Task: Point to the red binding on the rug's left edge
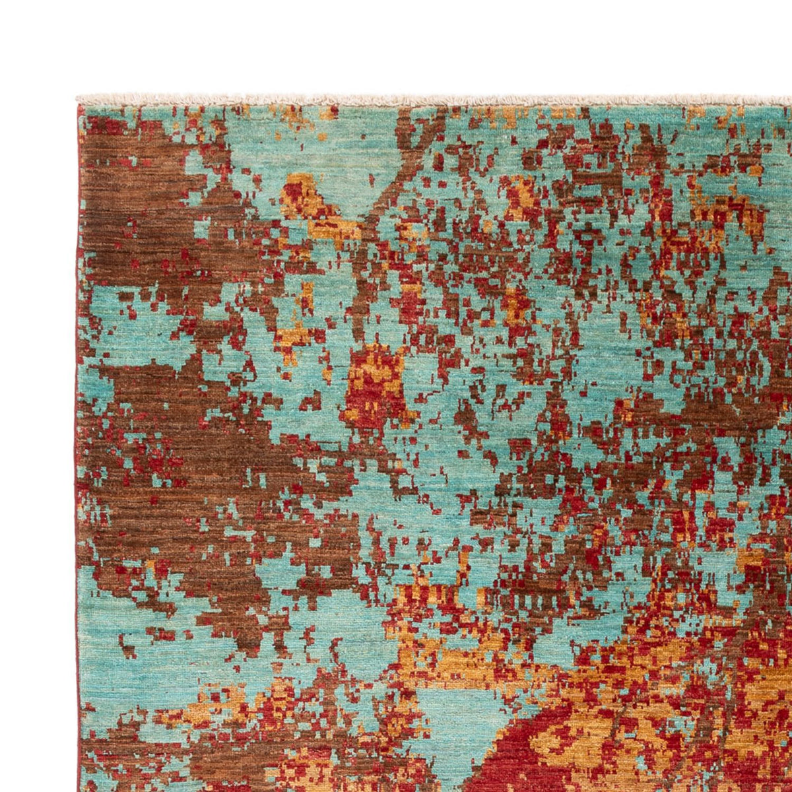[79, 462]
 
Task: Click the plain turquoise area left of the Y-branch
[257, 152]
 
